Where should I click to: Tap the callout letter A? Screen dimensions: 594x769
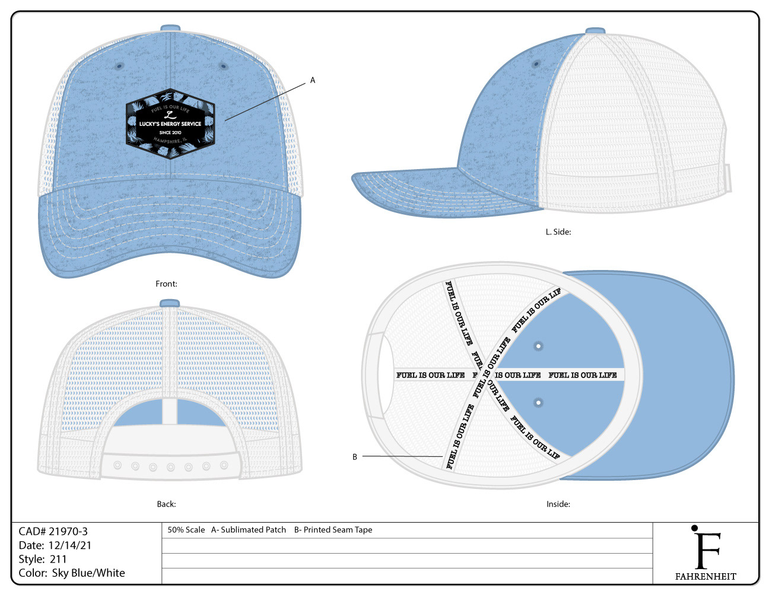(x=313, y=80)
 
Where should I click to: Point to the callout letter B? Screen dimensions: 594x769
(x=355, y=457)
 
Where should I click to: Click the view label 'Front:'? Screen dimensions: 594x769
(x=166, y=284)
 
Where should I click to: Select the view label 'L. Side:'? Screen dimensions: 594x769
(x=558, y=232)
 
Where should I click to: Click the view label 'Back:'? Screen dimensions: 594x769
(x=166, y=504)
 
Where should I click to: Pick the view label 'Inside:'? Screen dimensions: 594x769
(x=558, y=504)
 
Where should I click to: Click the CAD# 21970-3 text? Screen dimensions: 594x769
(x=53, y=531)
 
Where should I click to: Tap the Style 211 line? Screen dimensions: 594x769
(x=43, y=559)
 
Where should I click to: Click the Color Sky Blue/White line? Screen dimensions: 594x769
(x=72, y=573)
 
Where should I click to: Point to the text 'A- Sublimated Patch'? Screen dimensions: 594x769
(x=249, y=530)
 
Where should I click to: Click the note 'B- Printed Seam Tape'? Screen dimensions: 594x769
(x=333, y=530)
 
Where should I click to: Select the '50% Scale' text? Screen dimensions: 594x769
(x=186, y=530)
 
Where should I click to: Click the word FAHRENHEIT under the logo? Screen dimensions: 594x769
(x=706, y=576)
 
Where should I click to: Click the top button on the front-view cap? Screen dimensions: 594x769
(x=170, y=28)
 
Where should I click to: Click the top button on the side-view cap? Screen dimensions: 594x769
(x=595, y=31)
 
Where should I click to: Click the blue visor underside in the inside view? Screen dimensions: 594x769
(x=682, y=380)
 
